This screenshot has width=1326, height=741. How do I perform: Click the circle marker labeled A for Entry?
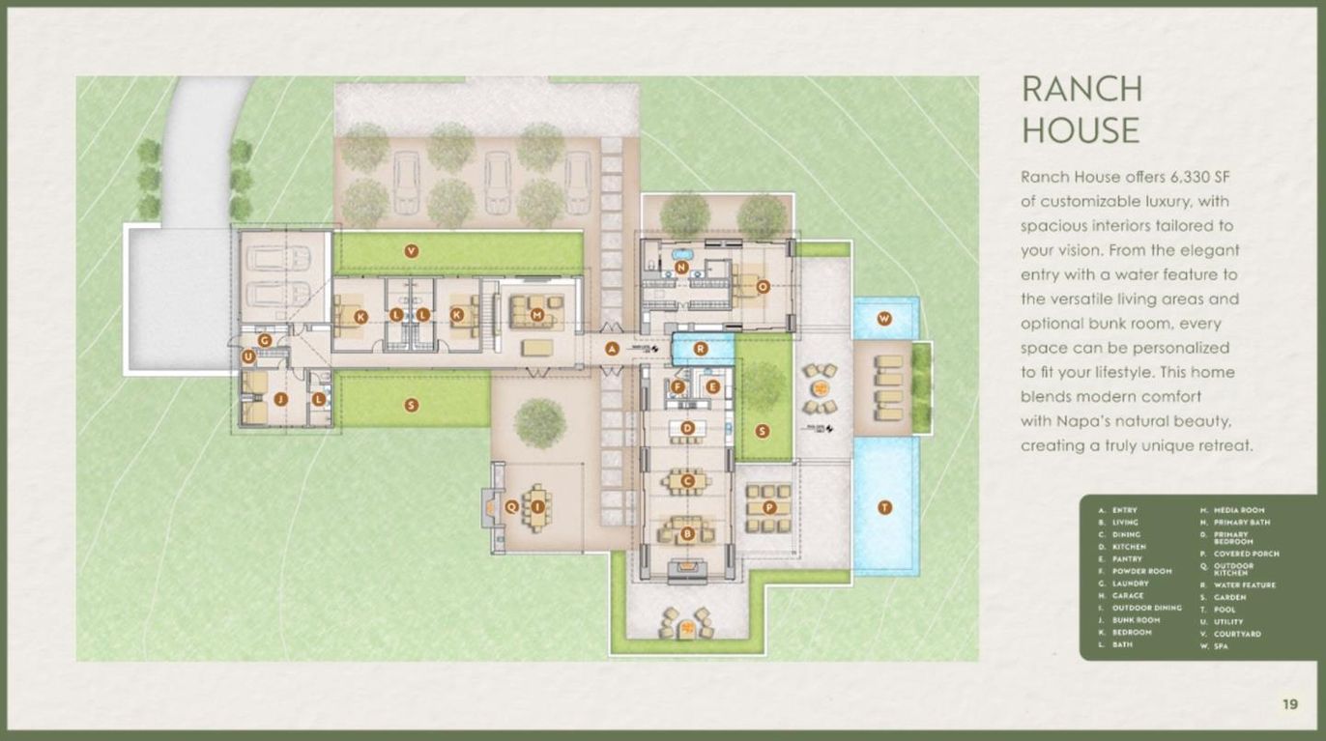[611, 349]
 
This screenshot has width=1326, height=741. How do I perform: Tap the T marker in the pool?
[884, 507]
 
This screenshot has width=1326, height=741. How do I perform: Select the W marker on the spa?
[884, 318]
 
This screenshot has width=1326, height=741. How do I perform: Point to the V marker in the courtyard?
[412, 251]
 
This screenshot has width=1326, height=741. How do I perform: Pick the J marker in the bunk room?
[280, 399]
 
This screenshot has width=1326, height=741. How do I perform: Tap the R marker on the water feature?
[702, 349]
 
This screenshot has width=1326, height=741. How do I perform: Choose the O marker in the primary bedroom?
[763, 286]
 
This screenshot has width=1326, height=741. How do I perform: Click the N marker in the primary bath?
[681, 268]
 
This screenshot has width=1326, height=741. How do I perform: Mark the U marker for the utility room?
[248, 357]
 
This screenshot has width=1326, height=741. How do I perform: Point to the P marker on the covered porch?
[769, 507]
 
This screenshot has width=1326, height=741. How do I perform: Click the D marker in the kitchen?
[687, 427]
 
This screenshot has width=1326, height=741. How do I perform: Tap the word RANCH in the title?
[1081, 89]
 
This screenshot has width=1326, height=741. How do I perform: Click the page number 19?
[1290, 704]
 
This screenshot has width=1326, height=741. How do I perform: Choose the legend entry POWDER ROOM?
[1139, 571]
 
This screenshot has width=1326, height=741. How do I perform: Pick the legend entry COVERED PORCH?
[1246, 554]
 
